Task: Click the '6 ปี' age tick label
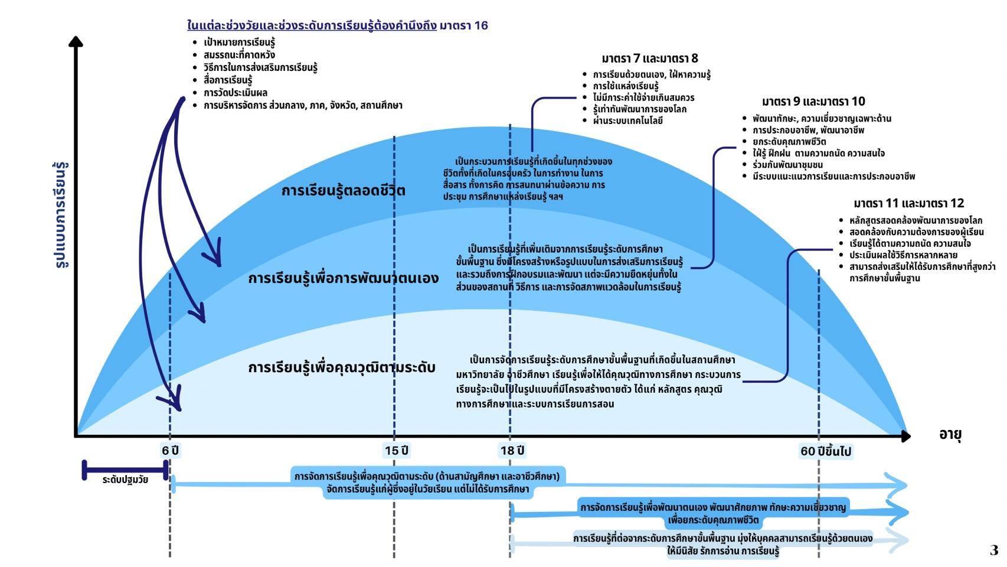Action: (x=170, y=451)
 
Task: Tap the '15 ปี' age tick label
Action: (x=396, y=451)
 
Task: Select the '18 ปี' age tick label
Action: (x=512, y=451)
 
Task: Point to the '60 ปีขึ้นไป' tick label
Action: (x=825, y=451)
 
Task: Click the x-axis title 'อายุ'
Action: (x=950, y=435)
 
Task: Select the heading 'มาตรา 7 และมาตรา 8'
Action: (x=649, y=58)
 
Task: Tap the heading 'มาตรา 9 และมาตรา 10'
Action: (x=813, y=101)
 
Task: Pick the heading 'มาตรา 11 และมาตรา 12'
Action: (x=908, y=203)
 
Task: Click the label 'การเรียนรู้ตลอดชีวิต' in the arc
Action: (x=343, y=191)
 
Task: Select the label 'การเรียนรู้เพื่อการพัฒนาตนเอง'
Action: (x=343, y=278)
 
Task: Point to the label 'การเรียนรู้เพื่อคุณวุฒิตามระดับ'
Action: (x=341, y=367)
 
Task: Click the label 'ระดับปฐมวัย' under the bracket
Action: (x=125, y=480)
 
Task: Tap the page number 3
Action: (x=993, y=550)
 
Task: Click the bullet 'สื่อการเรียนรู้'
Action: (x=228, y=80)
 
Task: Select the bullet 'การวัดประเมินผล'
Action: (x=236, y=93)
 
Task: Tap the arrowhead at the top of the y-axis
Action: (x=76, y=41)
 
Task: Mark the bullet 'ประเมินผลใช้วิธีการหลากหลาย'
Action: (x=903, y=255)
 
